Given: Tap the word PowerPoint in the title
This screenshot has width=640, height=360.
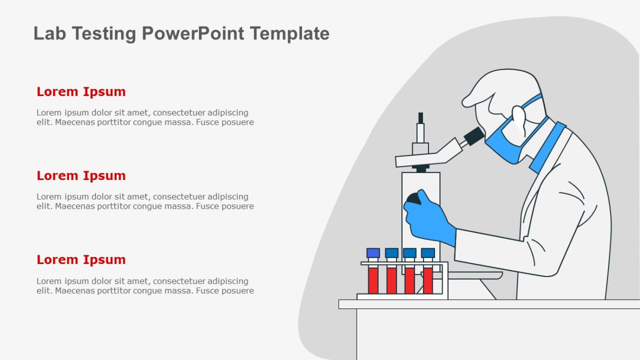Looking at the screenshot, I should [x=193, y=34].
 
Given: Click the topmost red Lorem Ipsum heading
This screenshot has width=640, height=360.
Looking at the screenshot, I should [x=81, y=92].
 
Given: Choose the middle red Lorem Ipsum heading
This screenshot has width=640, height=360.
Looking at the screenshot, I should [x=81, y=176].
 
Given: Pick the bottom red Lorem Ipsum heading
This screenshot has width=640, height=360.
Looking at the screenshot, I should [x=81, y=260].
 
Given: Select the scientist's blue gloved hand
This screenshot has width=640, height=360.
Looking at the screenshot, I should [x=431, y=220].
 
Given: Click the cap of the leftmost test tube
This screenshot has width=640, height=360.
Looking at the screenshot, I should [x=373, y=253].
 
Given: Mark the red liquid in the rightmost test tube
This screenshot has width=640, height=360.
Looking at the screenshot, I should [x=428, y=280].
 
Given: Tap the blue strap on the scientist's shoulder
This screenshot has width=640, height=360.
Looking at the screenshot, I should [x=548, y=146].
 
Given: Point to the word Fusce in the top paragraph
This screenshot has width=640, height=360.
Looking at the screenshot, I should [x=208, y=122].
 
